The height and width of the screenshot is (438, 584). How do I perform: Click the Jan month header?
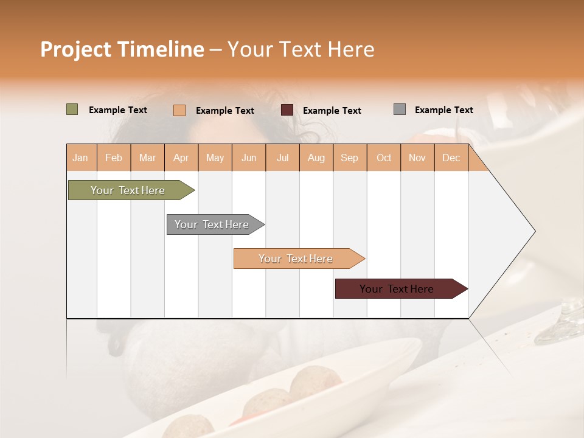coord(81,158)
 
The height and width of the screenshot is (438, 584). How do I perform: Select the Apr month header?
coord(181,158)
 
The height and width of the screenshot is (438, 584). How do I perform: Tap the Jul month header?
coord(282,158)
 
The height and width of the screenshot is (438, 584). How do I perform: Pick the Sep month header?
coord(349,158)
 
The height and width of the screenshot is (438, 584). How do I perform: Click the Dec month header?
coord(451,158)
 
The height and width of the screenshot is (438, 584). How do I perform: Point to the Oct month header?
coord(384,158)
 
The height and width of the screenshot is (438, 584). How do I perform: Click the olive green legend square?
coord(72,109)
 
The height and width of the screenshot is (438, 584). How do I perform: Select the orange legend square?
coord(179,110)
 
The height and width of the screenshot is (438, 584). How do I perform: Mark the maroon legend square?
coord(287,110)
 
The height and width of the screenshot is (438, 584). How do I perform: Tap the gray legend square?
coord(399,109)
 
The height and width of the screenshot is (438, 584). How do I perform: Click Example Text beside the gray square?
coord(443,109)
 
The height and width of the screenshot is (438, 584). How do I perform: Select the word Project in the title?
coord(75,49)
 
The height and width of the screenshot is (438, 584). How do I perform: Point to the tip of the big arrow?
coord(534,231)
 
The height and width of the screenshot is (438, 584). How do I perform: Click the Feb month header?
coord(114,158)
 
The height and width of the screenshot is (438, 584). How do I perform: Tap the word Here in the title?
coord(351,49)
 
